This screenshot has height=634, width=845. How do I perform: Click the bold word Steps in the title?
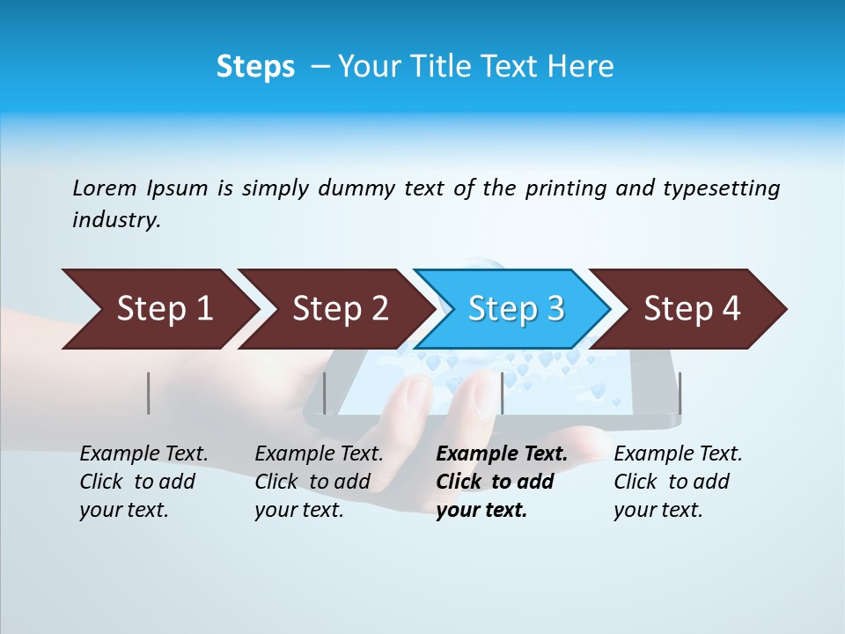tap(255, 67)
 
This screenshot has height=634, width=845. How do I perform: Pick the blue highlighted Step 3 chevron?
tap(514, 309)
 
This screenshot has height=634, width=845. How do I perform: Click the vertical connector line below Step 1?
tap(149, 393)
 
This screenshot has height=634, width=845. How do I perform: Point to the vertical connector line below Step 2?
tap(325, 393)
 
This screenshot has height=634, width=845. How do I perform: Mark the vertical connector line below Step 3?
tap(502, 393)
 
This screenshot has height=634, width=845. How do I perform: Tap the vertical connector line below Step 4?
tap(680, 393)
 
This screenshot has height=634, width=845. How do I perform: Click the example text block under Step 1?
tap(143, 482)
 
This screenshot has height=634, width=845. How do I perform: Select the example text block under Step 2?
tap(319, 482)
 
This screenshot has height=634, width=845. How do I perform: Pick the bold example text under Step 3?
tap(501, 482)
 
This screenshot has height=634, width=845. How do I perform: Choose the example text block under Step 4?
tap(678, 482)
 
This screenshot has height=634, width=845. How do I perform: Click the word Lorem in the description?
tap(104, 188)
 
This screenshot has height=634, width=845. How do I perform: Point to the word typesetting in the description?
tap(721, 188)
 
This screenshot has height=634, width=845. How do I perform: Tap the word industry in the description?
tap(115, 220)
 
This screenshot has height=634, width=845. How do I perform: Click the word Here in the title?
tap(583, 67)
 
